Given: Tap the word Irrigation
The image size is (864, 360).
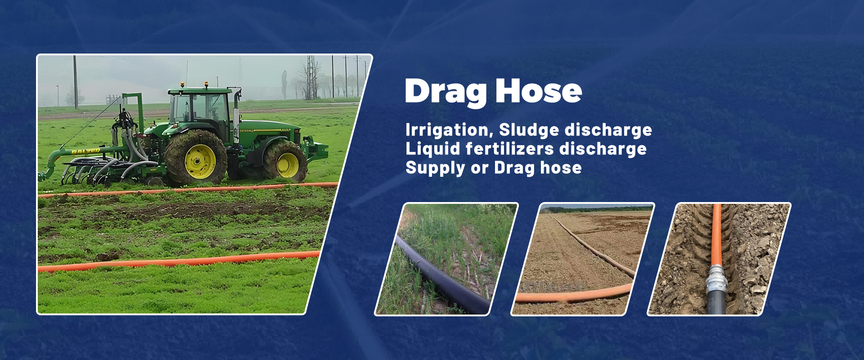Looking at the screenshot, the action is click(x=446, y=130).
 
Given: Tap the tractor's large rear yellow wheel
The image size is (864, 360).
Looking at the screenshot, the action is click(x=196, y=158).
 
